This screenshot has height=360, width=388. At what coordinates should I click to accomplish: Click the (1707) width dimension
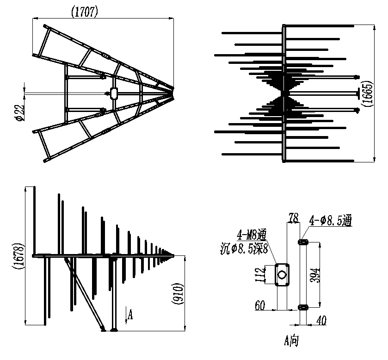[85, 12]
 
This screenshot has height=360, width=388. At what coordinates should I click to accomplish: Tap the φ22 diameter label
[20, 113]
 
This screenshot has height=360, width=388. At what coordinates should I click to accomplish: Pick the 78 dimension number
[294, 218]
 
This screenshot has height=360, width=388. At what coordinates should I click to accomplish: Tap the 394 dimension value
[315, 275]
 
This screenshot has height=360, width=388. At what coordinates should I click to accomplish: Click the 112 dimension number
[259, 274]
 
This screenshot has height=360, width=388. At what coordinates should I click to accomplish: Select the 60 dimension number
[260, 305]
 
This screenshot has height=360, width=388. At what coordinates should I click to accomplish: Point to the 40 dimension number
[321, 320]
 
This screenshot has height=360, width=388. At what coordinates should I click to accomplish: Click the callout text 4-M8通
[252, 235]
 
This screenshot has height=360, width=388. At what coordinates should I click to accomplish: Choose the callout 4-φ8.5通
[330, 220]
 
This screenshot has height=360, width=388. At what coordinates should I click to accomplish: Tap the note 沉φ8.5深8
[244, 249]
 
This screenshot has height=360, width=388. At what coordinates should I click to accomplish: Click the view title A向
[291, 341]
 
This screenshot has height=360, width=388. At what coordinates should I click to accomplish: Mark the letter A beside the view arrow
[130, 315]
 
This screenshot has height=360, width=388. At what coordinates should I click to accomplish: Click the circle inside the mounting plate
[282, 275]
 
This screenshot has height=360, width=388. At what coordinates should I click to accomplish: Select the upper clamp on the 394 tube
[303, 242]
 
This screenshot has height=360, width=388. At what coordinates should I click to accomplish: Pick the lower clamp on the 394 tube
[303, 308]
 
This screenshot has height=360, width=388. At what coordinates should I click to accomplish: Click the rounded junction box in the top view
[114, 93]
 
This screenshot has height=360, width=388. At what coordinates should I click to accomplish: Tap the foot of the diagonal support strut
[103, 329]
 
